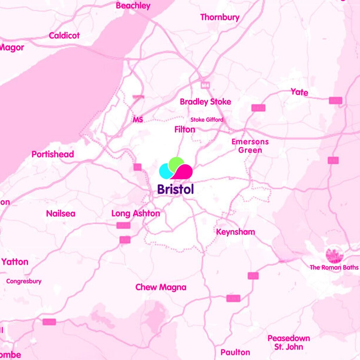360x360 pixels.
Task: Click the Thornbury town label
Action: pyautogui.click(x=220, y=17)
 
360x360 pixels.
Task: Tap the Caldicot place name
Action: pyautogui.click(x=64, y=36)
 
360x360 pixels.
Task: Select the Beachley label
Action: pyautogui.click(x=133, y=6)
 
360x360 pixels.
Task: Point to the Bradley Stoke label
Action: pyautogui.click(x=205, y=102)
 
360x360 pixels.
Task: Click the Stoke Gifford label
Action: pyautogui.click(x=207, y=120)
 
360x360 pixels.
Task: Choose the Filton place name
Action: pyautogui.click(x=185, y=130)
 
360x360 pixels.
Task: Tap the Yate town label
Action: pyautogui.click(x=299, y=92)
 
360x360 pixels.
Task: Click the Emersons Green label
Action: pyautogui.click(x=250, y=146)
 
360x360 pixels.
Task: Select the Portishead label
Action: pyautogui.click(x=53, y=154)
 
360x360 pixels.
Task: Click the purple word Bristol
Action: pyautogui.click(x=175, y=189)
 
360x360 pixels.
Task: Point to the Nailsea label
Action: pyautogui.click(x=60, y=214)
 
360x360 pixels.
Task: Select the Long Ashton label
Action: pyautogui.click(x=135, y=213)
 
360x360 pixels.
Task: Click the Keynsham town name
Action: pyautogui.click(x=235, y=232)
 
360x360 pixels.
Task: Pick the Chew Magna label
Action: pyautogui.click(x=161, y=287)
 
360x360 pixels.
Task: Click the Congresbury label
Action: pyautogui.click(x=24, y=281)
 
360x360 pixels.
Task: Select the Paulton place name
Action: pyautogui.click(x=235, y=352)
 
